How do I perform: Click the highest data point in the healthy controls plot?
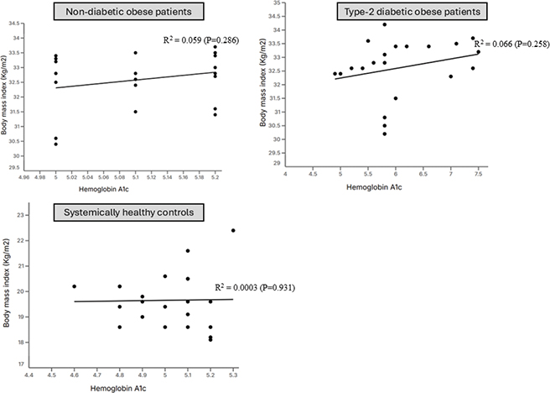click(x=233, y=230)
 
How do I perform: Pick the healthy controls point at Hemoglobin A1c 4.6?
click(x=74, y=286)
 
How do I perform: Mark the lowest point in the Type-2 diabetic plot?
click(x=384, y=134)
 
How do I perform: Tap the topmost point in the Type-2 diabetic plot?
click(x=384, y=24)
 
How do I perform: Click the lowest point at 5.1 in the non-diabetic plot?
click(x=135, y=112)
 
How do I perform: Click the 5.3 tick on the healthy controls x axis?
click(x=233, y=373)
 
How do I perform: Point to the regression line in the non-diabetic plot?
click(x=126, y=80)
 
